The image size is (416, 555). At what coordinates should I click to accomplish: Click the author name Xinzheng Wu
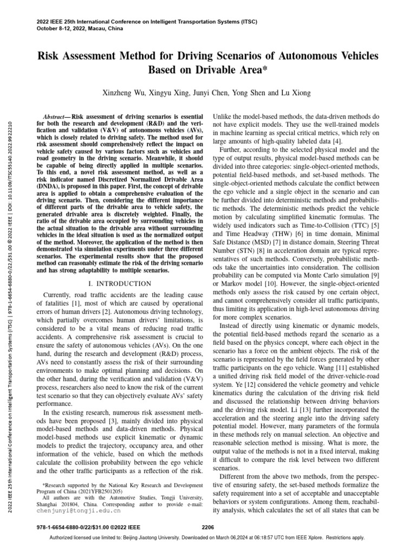pyautogui.click(x=125, y=93)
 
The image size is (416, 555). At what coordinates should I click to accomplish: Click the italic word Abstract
pyautogui.click(x=55, y=117)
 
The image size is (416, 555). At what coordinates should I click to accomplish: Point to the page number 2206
pyautogui.click(x=208, y=526)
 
